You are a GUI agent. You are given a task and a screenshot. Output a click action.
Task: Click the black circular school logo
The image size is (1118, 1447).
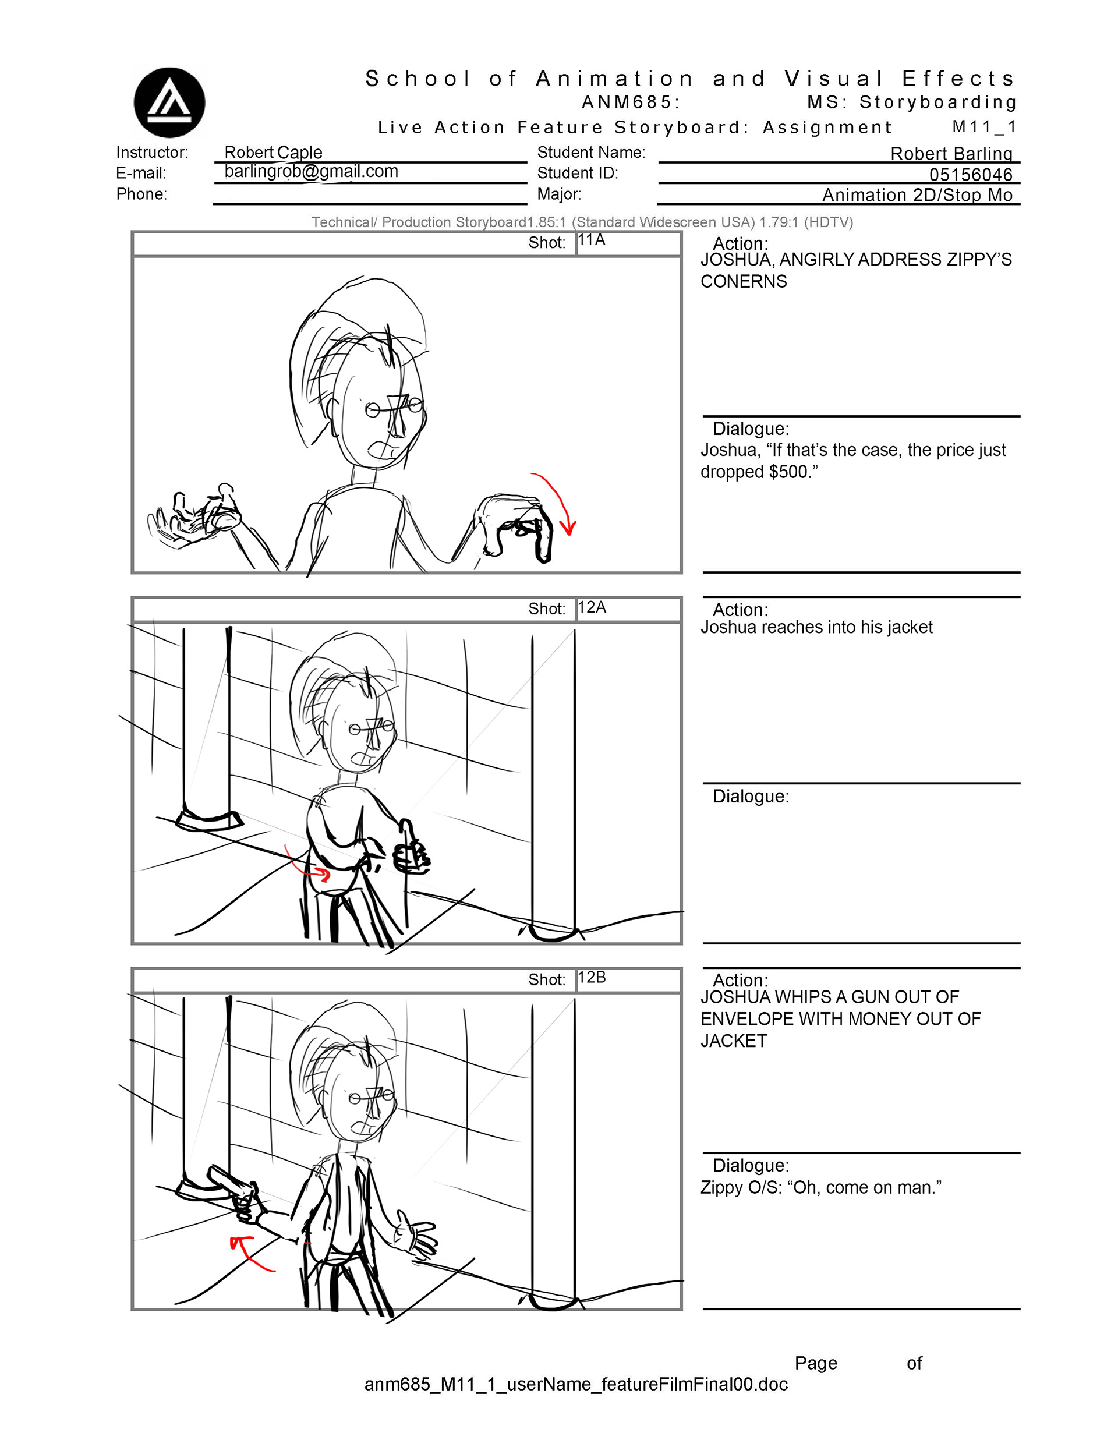pyautogui.click(x=169, y=102)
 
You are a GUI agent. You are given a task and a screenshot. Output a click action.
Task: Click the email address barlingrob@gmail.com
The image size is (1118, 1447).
pyautogui.click(x=312, y=172)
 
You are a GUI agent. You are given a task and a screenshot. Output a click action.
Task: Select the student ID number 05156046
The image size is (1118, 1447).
pyautogui.click(x=971, y=175)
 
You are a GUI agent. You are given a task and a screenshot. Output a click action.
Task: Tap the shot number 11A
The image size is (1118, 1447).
pyautogui.click(x=592, y=240)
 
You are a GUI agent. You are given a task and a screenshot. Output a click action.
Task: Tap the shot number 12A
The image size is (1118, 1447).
pyautogui.click(x=592, y=607)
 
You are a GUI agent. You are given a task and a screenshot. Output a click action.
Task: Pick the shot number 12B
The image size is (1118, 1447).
pyautogui.click(x=592, y=977)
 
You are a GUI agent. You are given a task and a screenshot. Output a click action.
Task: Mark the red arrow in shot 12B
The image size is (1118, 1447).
pyautogui.click(x=250, y=1252)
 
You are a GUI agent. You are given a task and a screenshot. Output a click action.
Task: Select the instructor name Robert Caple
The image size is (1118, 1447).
pyautogui.click(x=273, y=153)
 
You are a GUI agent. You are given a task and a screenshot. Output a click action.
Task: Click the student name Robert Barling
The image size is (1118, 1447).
pyautogui.click(x=951, y=154)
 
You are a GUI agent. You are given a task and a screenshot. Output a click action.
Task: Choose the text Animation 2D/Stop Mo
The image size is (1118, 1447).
pyautogui.click(x=917, y=195)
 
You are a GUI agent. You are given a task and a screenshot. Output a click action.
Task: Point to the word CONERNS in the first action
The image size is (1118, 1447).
pyautogui.click(x=744, y=282)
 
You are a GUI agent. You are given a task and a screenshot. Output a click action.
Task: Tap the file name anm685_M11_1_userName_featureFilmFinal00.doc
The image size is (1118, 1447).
pyautogui.click(x=576, y=1384)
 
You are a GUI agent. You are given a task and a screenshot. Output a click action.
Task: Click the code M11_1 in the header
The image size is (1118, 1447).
pyautogui.click(x=983, y=126)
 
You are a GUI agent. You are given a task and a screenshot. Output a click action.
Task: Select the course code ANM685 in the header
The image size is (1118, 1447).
pyautogui.click(x=627, y=102)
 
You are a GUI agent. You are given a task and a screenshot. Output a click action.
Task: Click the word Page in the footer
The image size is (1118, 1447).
pyautogui.click(x=816, y=1364)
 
